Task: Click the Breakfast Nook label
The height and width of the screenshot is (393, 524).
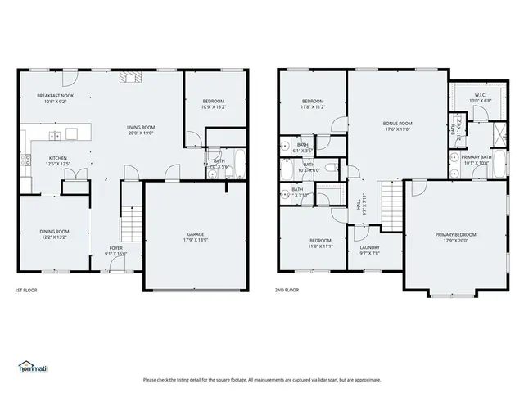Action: tap(55, 96)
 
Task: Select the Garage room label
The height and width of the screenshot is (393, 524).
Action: tap(195, 234)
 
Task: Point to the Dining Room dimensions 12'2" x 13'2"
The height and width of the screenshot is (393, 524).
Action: tap(55, 239)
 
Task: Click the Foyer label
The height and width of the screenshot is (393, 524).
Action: tap(116, 247)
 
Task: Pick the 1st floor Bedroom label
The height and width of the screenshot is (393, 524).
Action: tap(213, 102)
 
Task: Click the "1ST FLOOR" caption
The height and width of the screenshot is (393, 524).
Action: tap(26, 290)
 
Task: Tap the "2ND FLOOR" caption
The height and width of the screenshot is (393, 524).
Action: tap(287, 290)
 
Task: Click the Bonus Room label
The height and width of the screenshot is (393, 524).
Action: tap(397, 123)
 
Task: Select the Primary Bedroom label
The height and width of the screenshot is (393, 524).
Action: tap(455, 234)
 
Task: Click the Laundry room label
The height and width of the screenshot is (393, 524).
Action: tap(369, 247)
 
